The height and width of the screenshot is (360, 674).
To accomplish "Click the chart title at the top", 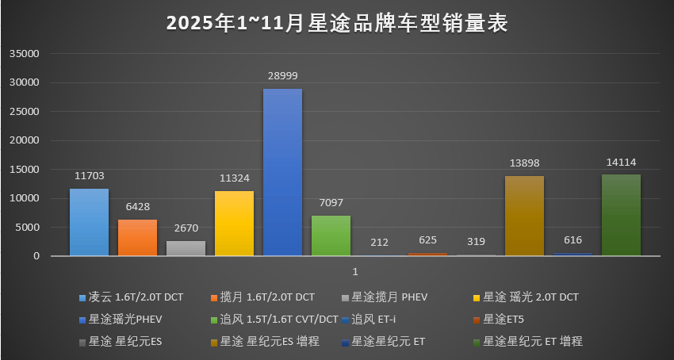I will coord(337,23).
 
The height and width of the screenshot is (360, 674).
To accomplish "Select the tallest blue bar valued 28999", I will coord(282,172).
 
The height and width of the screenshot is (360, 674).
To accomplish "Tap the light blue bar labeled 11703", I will coord(89,222).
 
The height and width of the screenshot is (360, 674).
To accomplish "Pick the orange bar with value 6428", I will coord(138,237).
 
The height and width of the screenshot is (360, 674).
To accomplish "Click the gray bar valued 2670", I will coord(186,248).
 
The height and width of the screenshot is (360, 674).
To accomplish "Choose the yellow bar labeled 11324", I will coord(234,223).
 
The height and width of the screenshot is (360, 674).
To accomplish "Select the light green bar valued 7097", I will coord(331,236).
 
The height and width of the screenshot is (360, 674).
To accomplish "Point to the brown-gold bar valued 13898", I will coord(524,216).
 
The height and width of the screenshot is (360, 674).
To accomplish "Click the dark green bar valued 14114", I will coord(621,215).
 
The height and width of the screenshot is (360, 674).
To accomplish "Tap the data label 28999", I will coord(282,75).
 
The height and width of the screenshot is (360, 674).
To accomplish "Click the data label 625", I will coord(427,239).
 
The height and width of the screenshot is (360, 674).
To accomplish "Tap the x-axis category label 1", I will coord(355,272).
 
